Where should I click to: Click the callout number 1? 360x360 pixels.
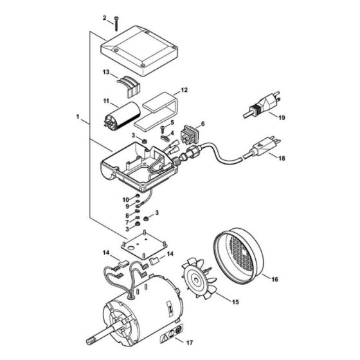coord(77,118)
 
